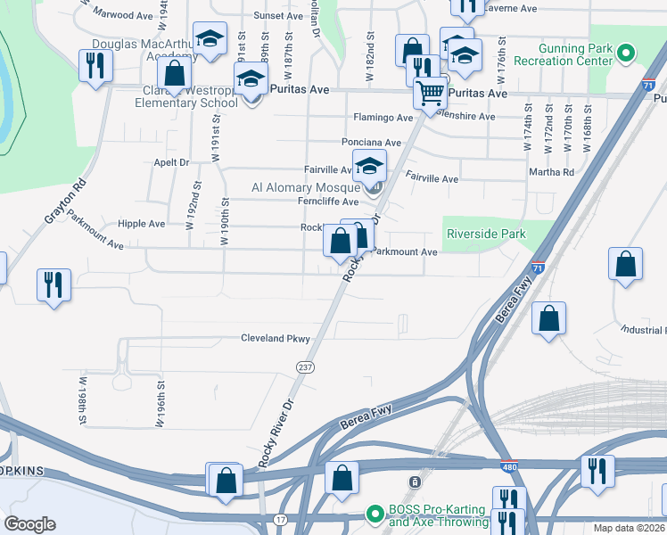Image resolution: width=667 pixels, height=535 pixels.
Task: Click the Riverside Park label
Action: pyautogui.click(x=485, y=235)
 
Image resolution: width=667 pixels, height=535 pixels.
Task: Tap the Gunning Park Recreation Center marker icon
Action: pyautogui.click(x=626, y=53)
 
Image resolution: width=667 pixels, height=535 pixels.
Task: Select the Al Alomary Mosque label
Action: pyautogui.click(x=305, y=188)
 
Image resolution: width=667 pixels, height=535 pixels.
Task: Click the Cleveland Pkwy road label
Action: pyautogui.click(x=276, y=339)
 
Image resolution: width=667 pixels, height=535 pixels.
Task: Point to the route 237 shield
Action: pyautogui.click(x=305, y=367)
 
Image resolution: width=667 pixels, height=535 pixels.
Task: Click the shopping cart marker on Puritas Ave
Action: pyautogui.click(x=431, y=92)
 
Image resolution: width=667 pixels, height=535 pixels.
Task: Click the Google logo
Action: pyautogui.click(x=30, y=524)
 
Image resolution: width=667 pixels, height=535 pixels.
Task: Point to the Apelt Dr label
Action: pyautogui.click(x=172, y=163)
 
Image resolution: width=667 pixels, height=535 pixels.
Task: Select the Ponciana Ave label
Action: pyautogui.click(x=372, y=143)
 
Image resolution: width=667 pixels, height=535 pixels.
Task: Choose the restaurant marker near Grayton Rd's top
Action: pyautogui.click(x=94, y=64)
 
